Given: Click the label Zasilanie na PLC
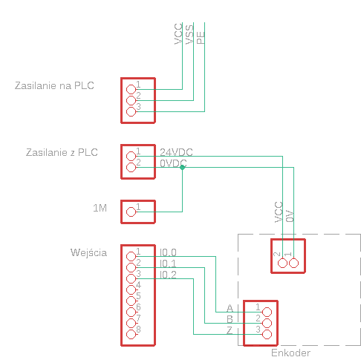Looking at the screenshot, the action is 54,85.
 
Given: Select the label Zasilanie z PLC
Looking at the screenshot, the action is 62,152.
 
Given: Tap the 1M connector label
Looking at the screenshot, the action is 100,208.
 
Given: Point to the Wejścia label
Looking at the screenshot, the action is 88,252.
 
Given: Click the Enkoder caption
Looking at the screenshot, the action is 290,353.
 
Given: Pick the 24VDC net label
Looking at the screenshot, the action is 176,152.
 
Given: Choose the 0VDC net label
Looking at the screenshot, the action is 173,163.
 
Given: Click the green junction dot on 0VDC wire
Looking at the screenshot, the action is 183,168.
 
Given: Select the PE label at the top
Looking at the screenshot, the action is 201,38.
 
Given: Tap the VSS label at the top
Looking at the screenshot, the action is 189,35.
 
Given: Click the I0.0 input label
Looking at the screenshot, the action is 168,252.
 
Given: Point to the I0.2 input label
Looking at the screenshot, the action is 168,275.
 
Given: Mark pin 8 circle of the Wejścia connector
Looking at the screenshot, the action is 131,335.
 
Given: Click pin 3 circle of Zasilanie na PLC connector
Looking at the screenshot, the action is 131,112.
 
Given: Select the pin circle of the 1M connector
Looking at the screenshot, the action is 131,212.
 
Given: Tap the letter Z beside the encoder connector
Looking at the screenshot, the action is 230,330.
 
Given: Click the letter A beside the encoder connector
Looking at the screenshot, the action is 230,308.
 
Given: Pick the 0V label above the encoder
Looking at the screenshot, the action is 290,216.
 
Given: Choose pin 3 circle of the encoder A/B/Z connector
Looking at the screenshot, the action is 267,335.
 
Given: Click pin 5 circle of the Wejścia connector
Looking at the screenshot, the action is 131,301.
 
